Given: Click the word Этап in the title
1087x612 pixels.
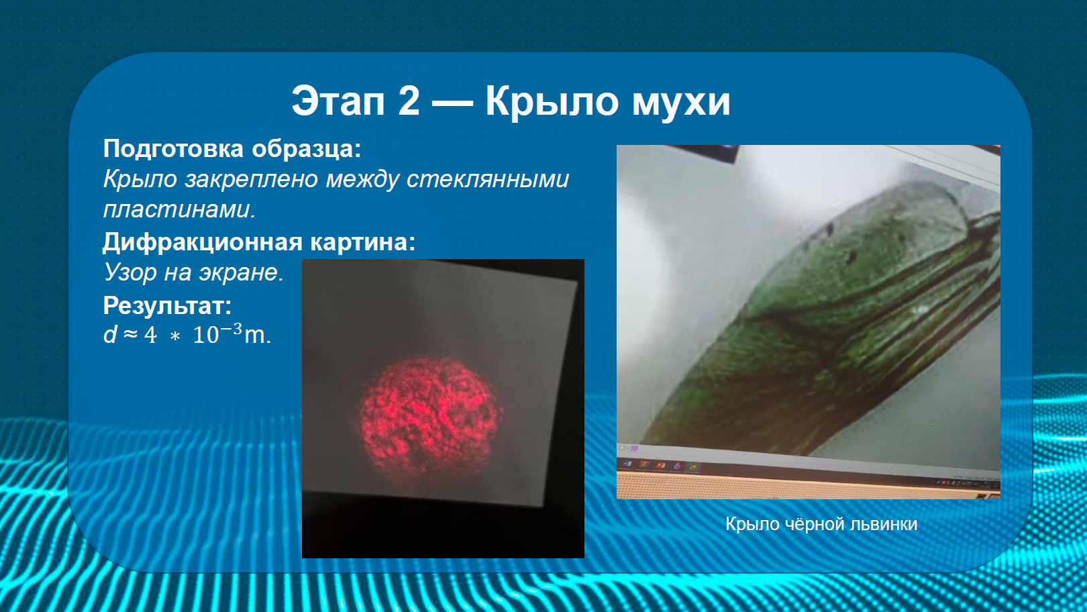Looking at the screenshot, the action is coord(338,101).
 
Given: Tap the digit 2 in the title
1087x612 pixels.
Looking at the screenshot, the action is coord(409,101).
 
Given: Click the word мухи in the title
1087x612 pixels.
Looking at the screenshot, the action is coord(681,104).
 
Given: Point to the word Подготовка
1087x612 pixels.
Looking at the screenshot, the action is coord(173,149).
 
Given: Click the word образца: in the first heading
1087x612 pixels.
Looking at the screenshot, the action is coord(306,149).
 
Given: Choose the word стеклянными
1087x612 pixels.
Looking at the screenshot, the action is coord(488,179).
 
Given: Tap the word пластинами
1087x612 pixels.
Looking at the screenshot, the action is coord(179,209).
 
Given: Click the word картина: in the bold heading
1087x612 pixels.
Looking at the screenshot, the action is coord(363,242).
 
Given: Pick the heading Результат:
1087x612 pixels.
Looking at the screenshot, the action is coord(168,306).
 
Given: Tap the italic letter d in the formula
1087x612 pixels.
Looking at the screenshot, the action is coord(110,334).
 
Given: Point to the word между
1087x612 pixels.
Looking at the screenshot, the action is coord(362,180).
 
